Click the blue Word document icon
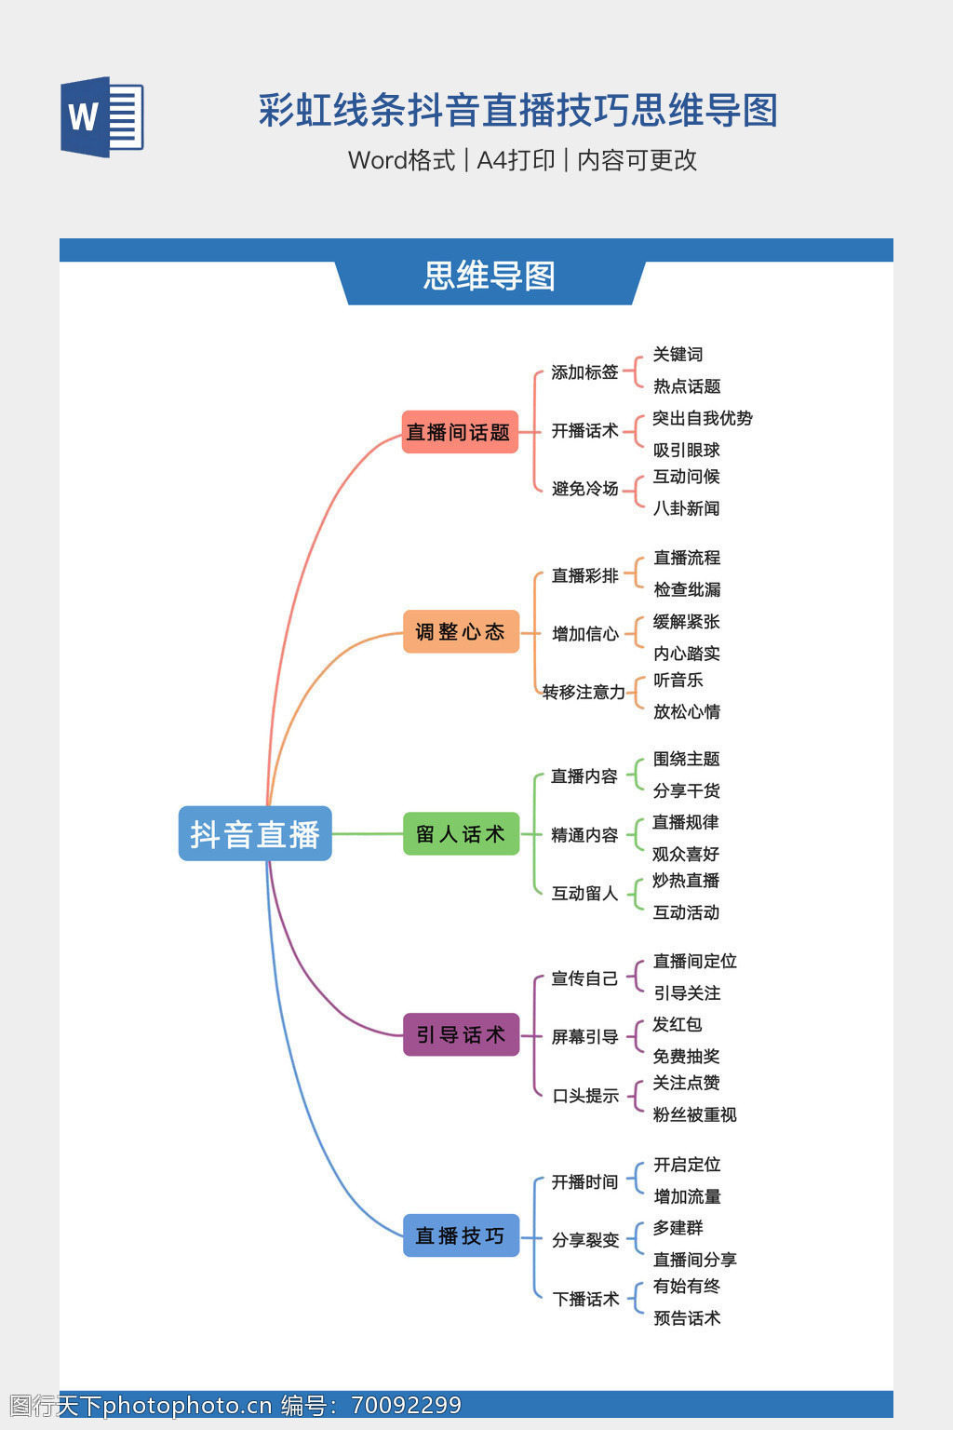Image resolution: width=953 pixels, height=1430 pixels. click(x=101, y=117)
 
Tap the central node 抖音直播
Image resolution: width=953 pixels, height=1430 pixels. click(x=255, y=833)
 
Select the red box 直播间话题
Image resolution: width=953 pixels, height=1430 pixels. click(x=460, y=432)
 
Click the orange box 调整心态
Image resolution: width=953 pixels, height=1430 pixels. click(x=461, y=632)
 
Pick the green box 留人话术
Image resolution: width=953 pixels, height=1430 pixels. click(x=461, y=833)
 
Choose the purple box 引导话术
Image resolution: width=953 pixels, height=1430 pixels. click(x=461, y=1034)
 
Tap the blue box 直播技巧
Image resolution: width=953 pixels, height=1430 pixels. click(x=461, y=1235)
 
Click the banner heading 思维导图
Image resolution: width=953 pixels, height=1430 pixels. click(x=490, y=277)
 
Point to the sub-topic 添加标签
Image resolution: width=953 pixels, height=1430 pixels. click(x=584, y=372)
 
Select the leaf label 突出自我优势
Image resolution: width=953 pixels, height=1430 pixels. click(x=703, y=418)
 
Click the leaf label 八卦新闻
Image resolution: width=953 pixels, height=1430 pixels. click(x=686, y=508)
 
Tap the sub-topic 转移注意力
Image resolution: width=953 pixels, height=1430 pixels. click(x=584, y=692)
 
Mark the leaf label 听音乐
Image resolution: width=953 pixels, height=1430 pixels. click(x=678, y=681)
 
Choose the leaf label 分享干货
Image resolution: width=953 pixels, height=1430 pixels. click(x=686, y=790)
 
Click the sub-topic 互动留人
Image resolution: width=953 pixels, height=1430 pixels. click(x=584, y=894)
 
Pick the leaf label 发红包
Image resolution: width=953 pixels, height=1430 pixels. click(x=677, y=1024)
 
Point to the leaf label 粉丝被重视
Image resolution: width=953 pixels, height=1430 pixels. click(x=694, y=1114)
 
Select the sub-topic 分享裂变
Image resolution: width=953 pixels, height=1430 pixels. click(x=585, y=1240)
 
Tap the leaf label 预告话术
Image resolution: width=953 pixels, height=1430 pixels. click(x=686, y=1318)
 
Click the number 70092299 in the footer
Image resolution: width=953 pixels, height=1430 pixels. click(x=406, y=1405)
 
